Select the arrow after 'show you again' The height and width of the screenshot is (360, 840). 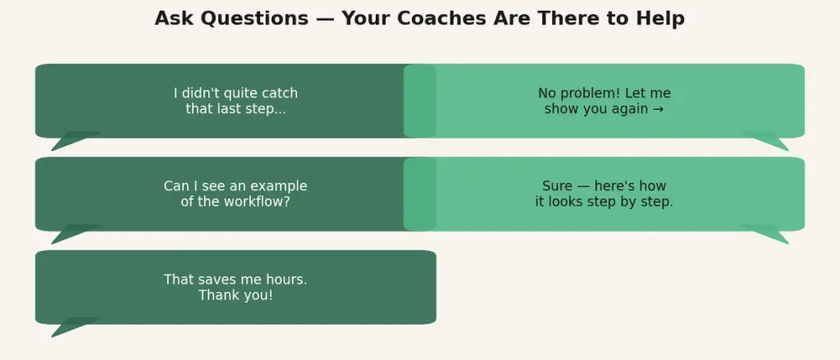click(659, 109)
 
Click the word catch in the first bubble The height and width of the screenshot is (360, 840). click(280, 93)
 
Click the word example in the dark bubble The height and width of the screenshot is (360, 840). click(279, 187)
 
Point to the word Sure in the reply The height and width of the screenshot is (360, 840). click(557, 186)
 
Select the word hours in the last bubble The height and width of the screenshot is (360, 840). click(289, 280)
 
